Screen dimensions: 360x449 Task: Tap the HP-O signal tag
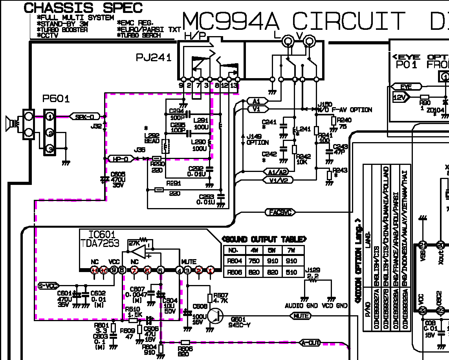click(x=121, y=159)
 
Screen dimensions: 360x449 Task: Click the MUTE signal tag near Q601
click(x=300, y=316)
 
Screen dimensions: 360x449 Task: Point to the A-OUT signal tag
click(x=310, y=343)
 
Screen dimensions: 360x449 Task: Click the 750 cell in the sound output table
click(x=254, y=261)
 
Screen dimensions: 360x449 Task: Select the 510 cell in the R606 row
click(x=290, y=272)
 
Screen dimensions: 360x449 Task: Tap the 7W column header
click(x=290, y=250)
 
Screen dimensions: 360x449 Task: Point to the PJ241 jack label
click(x=154, y=58)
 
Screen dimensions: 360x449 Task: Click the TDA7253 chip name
click(x=100, y=243)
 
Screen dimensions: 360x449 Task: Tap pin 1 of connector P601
click(x=49, y=117)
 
